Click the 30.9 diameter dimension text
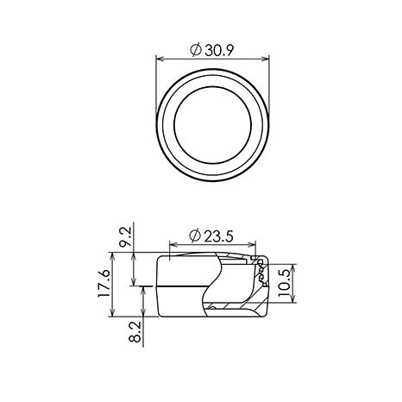[x=219, y=51]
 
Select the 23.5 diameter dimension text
[x=218, y=236]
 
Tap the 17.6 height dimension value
[x=104, y=284]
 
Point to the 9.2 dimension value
[x=125, y=236]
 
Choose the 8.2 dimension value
[x=135, y=332]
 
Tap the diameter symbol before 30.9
[x=196, y=50]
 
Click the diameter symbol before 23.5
[x=195, y=236]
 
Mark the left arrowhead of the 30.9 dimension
[x=160, y=59]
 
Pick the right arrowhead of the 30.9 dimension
[x=266, y=59]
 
